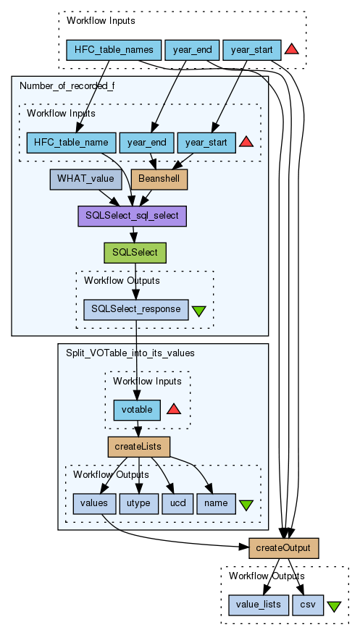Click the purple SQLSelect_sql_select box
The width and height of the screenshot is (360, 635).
point(132,216)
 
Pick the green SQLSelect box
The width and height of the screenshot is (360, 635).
point(135,253)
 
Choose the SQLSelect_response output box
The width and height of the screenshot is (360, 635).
point(136,310)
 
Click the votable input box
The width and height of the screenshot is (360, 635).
point(137,410)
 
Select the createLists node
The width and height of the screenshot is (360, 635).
point(138,447)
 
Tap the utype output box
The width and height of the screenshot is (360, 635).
point(138,504)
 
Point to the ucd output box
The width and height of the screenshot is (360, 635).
point(177,504)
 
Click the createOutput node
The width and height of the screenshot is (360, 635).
point(284,548)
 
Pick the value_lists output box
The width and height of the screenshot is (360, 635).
point(259,605)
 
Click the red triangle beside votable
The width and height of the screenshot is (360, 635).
point(174,409)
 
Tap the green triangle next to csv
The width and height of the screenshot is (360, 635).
point(334,606)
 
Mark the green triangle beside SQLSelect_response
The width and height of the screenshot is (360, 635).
point(198,311)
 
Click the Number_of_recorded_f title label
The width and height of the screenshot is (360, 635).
point(67,86)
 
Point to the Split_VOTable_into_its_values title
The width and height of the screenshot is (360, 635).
point(130,353)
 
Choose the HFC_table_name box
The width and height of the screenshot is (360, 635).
point(71,143)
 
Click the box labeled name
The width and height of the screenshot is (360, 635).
point(216,504)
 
